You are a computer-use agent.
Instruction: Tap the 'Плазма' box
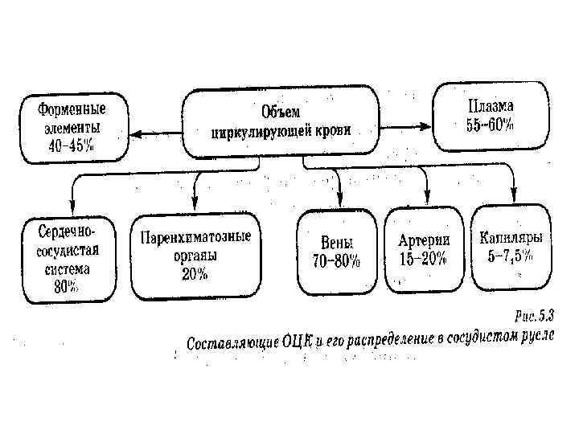[x=490, y=115]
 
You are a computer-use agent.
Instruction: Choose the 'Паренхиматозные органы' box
[x=195, y=255]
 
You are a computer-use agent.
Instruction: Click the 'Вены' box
[x=336, y=252]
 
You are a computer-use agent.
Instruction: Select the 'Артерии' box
[x=424, y=250]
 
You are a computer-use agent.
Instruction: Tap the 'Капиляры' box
[x=511, y=247]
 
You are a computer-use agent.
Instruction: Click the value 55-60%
[x=490, y=125]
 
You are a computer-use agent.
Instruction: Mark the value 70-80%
[x=336, y=261]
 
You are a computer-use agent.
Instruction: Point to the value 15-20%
[x=424, y=260]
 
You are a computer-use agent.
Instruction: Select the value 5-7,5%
[x=511, y=256]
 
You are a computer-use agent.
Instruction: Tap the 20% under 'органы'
[x=195, y=274]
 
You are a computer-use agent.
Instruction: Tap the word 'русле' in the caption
[x=536, y=333]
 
